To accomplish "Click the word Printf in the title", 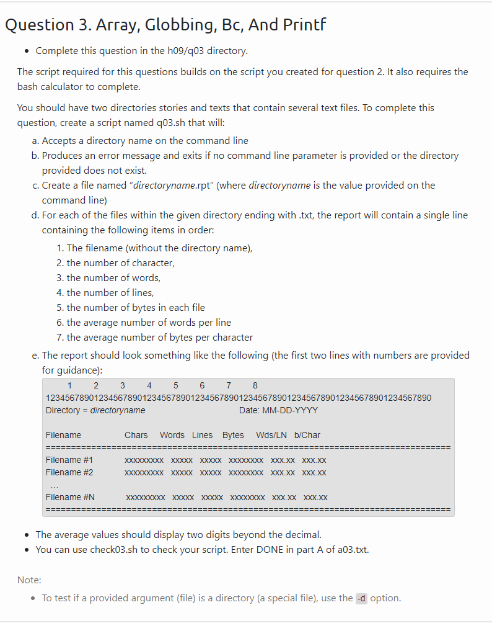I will click(x=301, y=25).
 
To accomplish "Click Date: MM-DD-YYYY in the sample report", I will click(x=278, y=411).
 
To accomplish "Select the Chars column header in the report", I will click(x=136, y=436).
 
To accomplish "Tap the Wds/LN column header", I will click(x=271, y=436).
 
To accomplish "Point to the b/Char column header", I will click(x=307, y=436).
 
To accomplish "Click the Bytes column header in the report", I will click(x=233, y=436).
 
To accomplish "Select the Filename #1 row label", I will click(x=69, y=460).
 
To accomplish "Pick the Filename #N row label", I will click(x=70, y=498).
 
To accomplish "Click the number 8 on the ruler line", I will click(x=255, y=385).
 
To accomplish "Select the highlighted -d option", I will click(x=361, y=598).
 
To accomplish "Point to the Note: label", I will click(x=29, y=580).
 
